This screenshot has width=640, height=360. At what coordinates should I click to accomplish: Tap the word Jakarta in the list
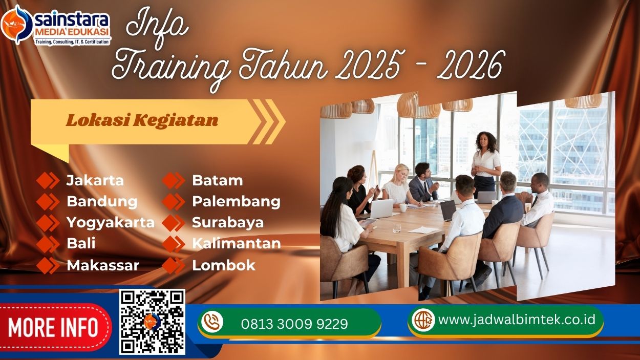coord(95,181)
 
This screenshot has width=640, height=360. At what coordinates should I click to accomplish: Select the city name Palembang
coord(236,202)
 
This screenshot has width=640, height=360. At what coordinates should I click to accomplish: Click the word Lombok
coord(224,265)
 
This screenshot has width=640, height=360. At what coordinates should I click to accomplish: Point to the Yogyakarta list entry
coord(111,223)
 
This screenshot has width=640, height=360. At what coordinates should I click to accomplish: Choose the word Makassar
coord(103,265)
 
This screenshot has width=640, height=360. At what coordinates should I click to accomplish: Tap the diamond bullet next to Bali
coord(48,244)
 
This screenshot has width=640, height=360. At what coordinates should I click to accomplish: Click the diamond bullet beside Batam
coord(174,181)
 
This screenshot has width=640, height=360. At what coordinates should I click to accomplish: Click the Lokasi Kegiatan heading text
coord(142,120)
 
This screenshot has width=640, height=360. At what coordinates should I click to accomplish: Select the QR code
coord(152,322)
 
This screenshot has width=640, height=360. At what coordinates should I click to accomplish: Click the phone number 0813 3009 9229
coord(294,324)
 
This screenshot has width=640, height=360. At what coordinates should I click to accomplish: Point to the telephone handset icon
coord(212,322)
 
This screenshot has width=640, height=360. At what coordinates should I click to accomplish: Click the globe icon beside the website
coord(423,320)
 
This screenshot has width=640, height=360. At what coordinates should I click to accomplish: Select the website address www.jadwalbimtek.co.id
coord(517,320)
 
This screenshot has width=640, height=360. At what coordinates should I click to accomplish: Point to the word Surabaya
coord(228,223)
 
